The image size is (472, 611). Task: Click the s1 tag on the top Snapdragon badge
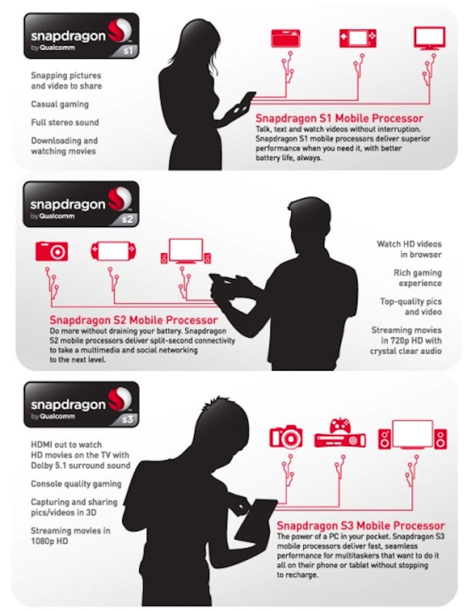(x=128, y=51)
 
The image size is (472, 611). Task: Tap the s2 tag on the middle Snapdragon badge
(x=128, y=219)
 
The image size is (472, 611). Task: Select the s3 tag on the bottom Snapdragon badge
(x=128, y=420)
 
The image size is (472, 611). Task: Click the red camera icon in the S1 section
(x=286, y=38)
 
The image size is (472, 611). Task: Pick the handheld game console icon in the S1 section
(x=358, y=38)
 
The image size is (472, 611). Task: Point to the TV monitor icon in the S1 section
(x=430, y=39)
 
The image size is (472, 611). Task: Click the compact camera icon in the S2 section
(x=52, y=251)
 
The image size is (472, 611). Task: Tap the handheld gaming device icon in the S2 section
(x=113, y=251)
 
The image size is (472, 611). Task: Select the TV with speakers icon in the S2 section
(x=186, y=251)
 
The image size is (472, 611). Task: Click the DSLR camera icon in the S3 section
(x=286, y=436)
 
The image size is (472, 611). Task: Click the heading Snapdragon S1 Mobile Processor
(x=339, y=119)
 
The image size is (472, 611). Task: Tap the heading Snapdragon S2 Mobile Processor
(x=134, y=320)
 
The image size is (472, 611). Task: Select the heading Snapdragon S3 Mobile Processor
(x=361, y=526)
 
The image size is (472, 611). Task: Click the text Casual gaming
(x=60, y=105)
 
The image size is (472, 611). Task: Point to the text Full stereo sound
(x=65, y=122)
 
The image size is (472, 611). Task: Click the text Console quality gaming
(x=76, y=484)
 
